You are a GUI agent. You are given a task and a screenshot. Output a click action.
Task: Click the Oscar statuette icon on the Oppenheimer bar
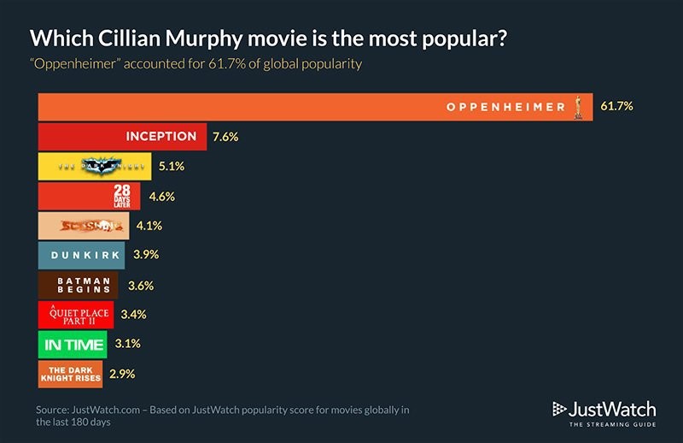[580, 107]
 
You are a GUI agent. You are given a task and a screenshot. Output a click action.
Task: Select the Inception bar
[120, 137]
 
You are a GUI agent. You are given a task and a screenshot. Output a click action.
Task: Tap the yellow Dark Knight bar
[95, 167]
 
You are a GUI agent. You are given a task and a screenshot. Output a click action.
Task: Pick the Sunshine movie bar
[85, 227]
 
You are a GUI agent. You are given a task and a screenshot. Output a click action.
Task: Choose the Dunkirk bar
[82, 255]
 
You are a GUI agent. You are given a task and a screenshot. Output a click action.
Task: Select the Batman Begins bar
[79, 285]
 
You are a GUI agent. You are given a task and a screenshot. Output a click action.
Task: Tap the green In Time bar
[73, 344]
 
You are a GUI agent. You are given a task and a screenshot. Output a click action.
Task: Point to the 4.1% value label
[148, 227]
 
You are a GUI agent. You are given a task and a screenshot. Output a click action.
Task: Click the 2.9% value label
[121, 373]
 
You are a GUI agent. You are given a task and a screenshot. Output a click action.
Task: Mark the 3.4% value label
[132, 314]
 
